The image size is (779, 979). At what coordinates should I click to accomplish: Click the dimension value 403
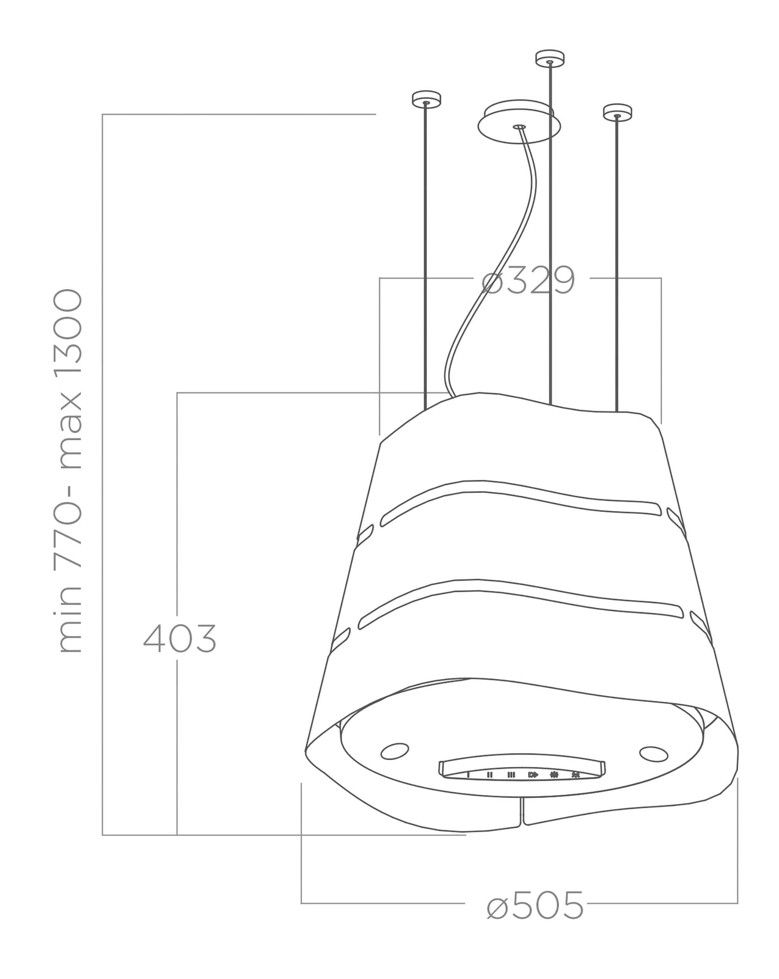click(180, 638)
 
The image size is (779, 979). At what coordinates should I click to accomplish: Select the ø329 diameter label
click(528, 281)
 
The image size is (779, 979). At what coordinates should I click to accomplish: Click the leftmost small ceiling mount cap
click(426, 99)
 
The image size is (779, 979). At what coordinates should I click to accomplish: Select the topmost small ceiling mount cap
click(550, 58)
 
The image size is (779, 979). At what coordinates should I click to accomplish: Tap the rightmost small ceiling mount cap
click(617, 113)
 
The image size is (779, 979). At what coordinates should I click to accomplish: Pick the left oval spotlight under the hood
click(394, 750)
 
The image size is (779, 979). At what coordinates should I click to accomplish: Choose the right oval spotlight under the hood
click(653, 754)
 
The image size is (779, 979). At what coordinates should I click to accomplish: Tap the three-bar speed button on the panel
click(511, 775)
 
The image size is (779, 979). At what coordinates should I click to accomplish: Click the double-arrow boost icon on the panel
click(533, 775)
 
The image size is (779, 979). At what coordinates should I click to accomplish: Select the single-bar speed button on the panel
click(468, 775)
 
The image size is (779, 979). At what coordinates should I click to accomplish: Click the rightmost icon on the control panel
click(576, 775)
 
